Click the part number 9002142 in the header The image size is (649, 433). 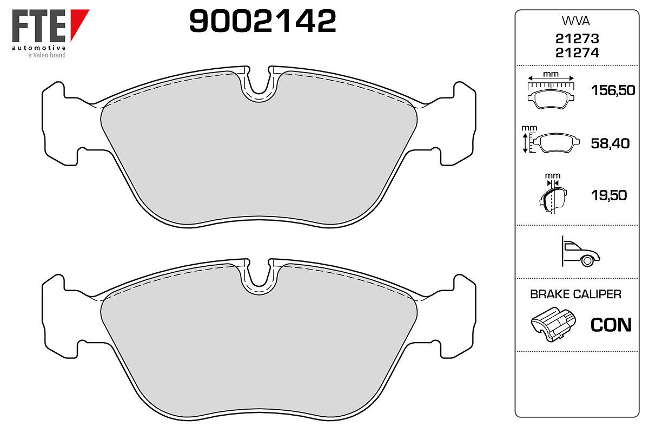coord(262,21)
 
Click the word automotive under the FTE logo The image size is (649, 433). coord(38,48)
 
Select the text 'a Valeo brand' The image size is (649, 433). coord(47,55)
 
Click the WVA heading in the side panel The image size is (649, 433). coord(575,21)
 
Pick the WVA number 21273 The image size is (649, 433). coord(577,38)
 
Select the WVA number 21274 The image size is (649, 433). coord(577,53)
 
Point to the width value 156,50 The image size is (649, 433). coord(613,90)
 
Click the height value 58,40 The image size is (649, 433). coord(610,143)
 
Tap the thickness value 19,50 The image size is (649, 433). coord(609,195)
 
